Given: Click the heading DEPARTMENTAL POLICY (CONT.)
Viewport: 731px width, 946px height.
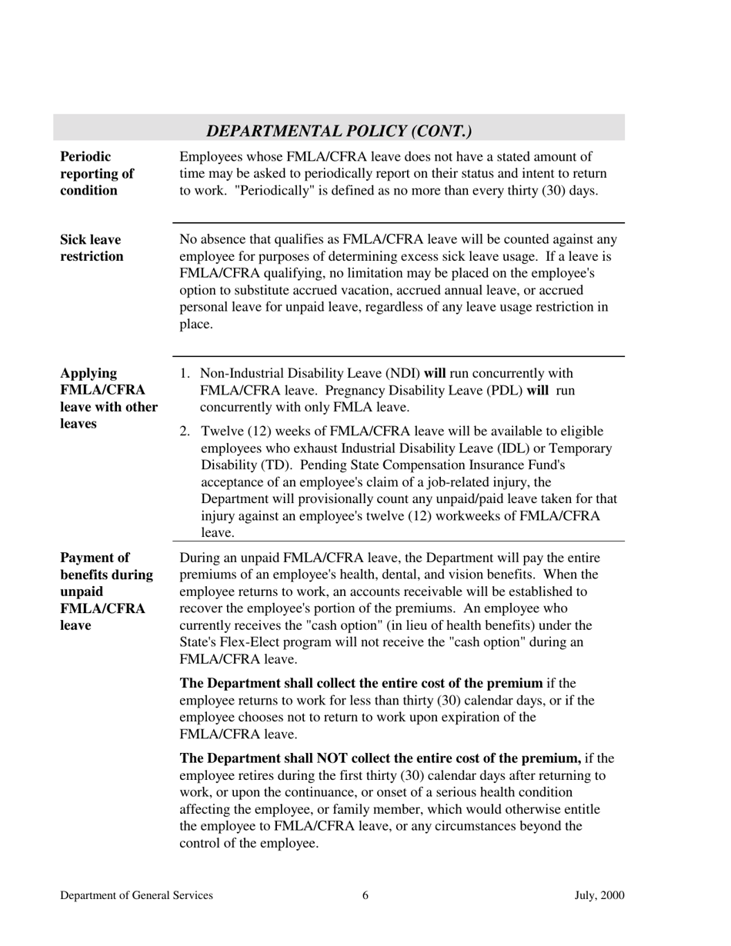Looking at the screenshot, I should coord(339,132).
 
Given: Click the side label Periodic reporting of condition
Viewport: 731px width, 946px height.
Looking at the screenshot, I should coord(97,174).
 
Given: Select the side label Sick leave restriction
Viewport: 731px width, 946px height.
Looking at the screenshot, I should coord(92,248).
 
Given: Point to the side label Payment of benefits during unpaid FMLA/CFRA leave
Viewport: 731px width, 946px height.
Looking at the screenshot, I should coord(106,591).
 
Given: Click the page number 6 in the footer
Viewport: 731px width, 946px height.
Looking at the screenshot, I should coord(365,895).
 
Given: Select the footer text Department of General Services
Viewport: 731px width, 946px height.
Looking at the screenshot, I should coord(137,895).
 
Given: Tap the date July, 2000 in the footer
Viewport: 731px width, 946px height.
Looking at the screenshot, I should coord(599,895).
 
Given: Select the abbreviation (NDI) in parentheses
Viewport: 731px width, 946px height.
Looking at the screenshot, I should coord(405,374).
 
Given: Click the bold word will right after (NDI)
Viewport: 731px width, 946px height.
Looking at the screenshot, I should coord(435,374).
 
